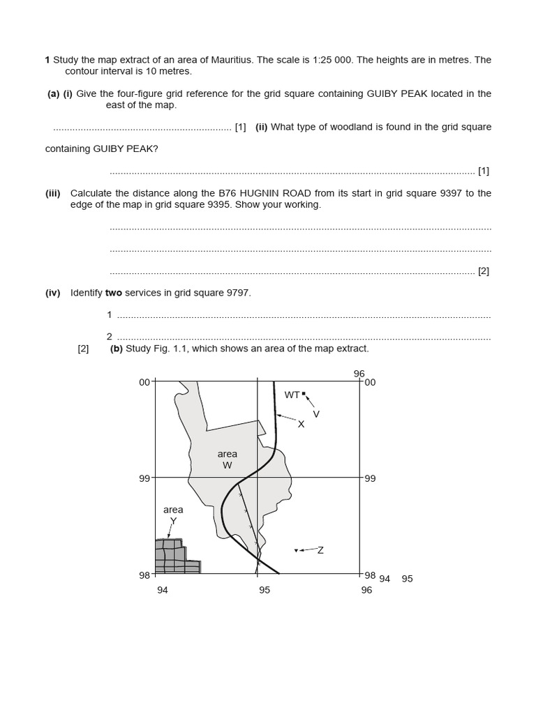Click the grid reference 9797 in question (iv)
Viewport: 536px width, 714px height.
(x=238, y=293)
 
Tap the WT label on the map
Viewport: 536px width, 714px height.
(x=292, y=395)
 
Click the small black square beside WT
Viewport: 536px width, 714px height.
(x=304, y=394)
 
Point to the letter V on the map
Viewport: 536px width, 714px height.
(x=316, y=414)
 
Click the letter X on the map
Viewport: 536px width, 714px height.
(x=301, y=424)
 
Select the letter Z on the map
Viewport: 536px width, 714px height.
(x=320, y=550)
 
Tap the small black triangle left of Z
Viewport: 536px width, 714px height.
(x=296, y=551)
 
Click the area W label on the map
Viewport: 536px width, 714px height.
(x=228, y=459)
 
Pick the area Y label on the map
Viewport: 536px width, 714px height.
(x=173, y=515)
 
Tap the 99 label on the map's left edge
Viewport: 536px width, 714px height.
(x=145, y=478)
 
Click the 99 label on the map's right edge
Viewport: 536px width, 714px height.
(x=370, y=479)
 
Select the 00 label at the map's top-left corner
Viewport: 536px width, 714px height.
(x=144, y=382)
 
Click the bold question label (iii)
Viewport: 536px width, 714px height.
(x=53, y=193)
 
